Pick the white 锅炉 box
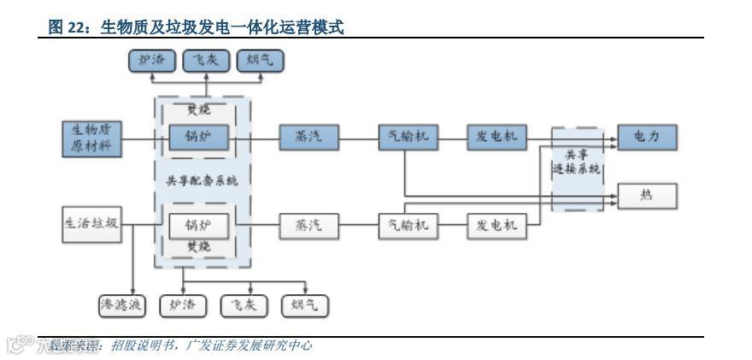pyautogui.click(x=201, y=226)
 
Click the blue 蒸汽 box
pyautogui.click(x=308, y=138)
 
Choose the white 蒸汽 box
pyautogui.click(x=308, y=226)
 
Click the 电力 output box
pyautogui.click(x=647, y=138)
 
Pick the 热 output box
pyautogui.click(x=647, y=197)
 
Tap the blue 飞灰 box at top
pyautogui.click(x=206, y=60)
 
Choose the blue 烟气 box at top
pyautogui.click(x=260, y=60)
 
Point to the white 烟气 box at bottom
pyautogui.click(x=304, y=304)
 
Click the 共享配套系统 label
pyautogui.click(x=202, y=180)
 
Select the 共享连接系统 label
pyautogui.click(x=578, y=162)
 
